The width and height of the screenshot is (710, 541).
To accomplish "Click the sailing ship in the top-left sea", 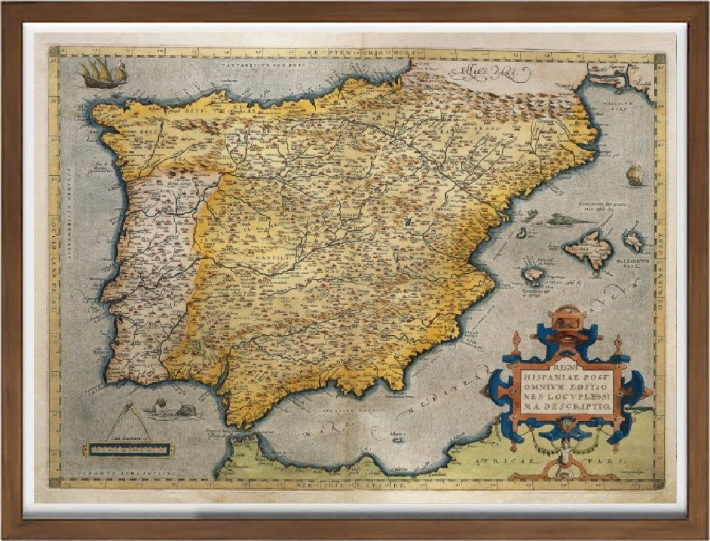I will [x=102, y=73].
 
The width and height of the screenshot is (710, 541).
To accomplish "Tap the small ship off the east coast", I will [x=634, y=175].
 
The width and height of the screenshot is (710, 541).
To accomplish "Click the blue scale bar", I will [x=126, y=450].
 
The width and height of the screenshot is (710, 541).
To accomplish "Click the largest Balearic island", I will [x=589, y=245].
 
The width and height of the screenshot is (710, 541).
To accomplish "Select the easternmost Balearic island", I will [x=634, y=240].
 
